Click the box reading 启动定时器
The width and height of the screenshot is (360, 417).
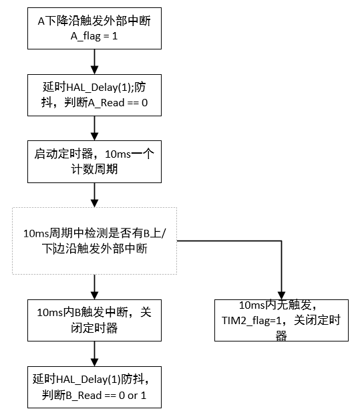(x=94, y=161)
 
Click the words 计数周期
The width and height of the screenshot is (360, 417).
(x=94, y=169)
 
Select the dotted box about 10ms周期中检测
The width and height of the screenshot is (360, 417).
(x=94, y=241)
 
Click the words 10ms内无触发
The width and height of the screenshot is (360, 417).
(x=281, y=307)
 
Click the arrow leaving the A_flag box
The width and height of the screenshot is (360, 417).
(x=94, y=61)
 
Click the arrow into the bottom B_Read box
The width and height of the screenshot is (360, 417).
(x=94, y=354)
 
